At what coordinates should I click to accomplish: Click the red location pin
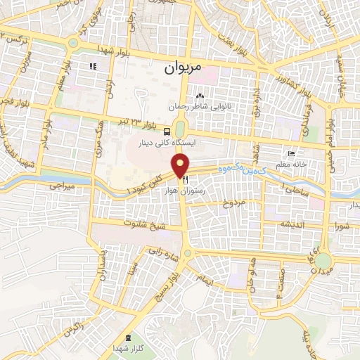coord(181,166)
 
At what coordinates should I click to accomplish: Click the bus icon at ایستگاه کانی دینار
coord(167,131)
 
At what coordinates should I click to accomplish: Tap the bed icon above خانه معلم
coord(291,154)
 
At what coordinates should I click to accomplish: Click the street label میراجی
coord(61,188)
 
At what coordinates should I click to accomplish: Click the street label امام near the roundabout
coord(207,280)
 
